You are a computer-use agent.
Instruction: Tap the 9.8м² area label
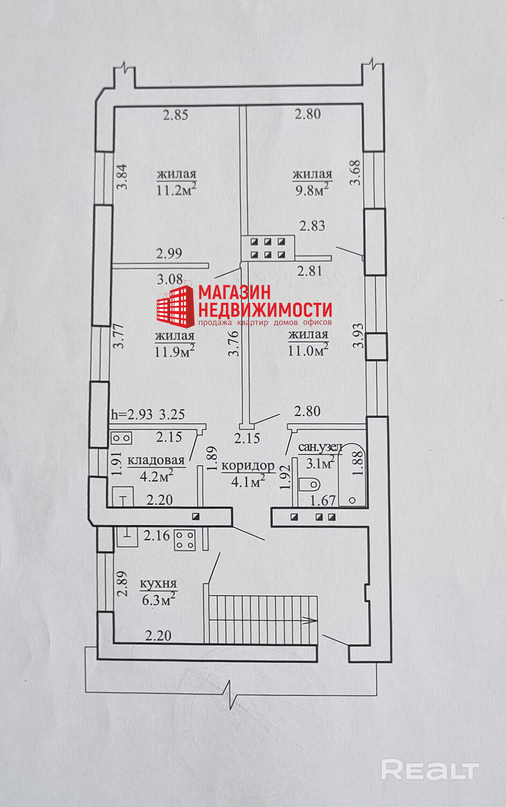[312, 189]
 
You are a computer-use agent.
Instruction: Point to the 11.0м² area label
[308, 350]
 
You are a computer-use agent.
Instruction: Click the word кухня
[158, 584]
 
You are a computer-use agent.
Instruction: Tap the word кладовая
[156, 460]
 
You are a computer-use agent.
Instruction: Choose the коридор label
[248, 466]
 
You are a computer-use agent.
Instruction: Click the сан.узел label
[321, 448]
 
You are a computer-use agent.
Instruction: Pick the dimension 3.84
[122, 176]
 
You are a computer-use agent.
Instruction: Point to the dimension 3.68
[356, 173]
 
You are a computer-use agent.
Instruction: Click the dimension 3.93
[358, 335]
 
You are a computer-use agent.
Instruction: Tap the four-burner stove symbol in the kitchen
[185, 540]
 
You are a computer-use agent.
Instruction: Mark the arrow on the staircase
[308, 621]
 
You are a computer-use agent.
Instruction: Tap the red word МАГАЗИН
[235, 292]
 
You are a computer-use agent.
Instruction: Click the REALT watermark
[430, 770]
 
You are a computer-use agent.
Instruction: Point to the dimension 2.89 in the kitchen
[122, 583]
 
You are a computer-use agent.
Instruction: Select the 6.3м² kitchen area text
[158, 600]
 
